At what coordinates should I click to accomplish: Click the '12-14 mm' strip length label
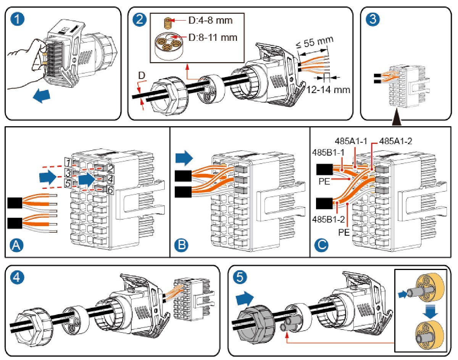(328, 90)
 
